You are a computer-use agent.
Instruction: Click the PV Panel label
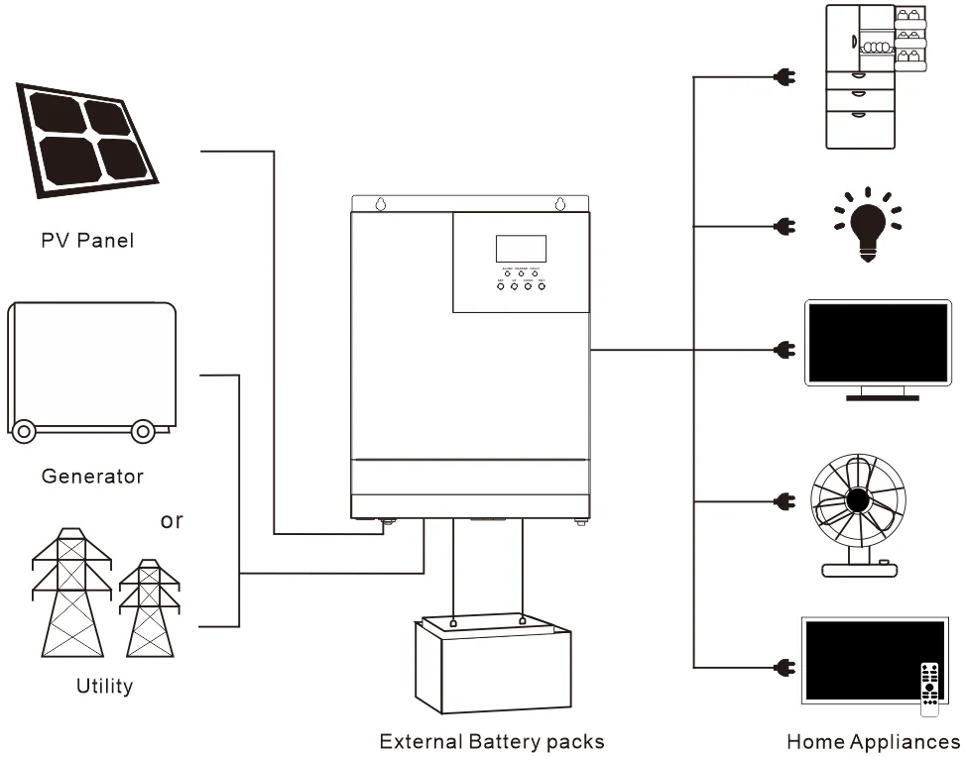click(87, 240)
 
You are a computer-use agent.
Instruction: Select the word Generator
click(92, 476)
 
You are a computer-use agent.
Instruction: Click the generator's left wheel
click(24, 431)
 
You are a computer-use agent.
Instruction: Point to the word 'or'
click(172, 520)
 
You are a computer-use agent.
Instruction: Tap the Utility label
click(104, 686)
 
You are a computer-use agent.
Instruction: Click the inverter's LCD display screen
click(521, 249)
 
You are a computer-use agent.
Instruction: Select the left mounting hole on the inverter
click(380, 205)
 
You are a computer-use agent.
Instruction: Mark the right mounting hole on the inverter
click(560, 205)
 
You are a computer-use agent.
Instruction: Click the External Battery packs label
click(492, 741)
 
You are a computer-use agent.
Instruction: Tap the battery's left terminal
click(452, 623)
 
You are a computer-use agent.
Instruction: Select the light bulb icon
click(869, 224)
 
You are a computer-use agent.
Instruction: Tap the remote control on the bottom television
click(929, 687)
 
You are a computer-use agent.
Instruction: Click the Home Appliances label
click(873, 741)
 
